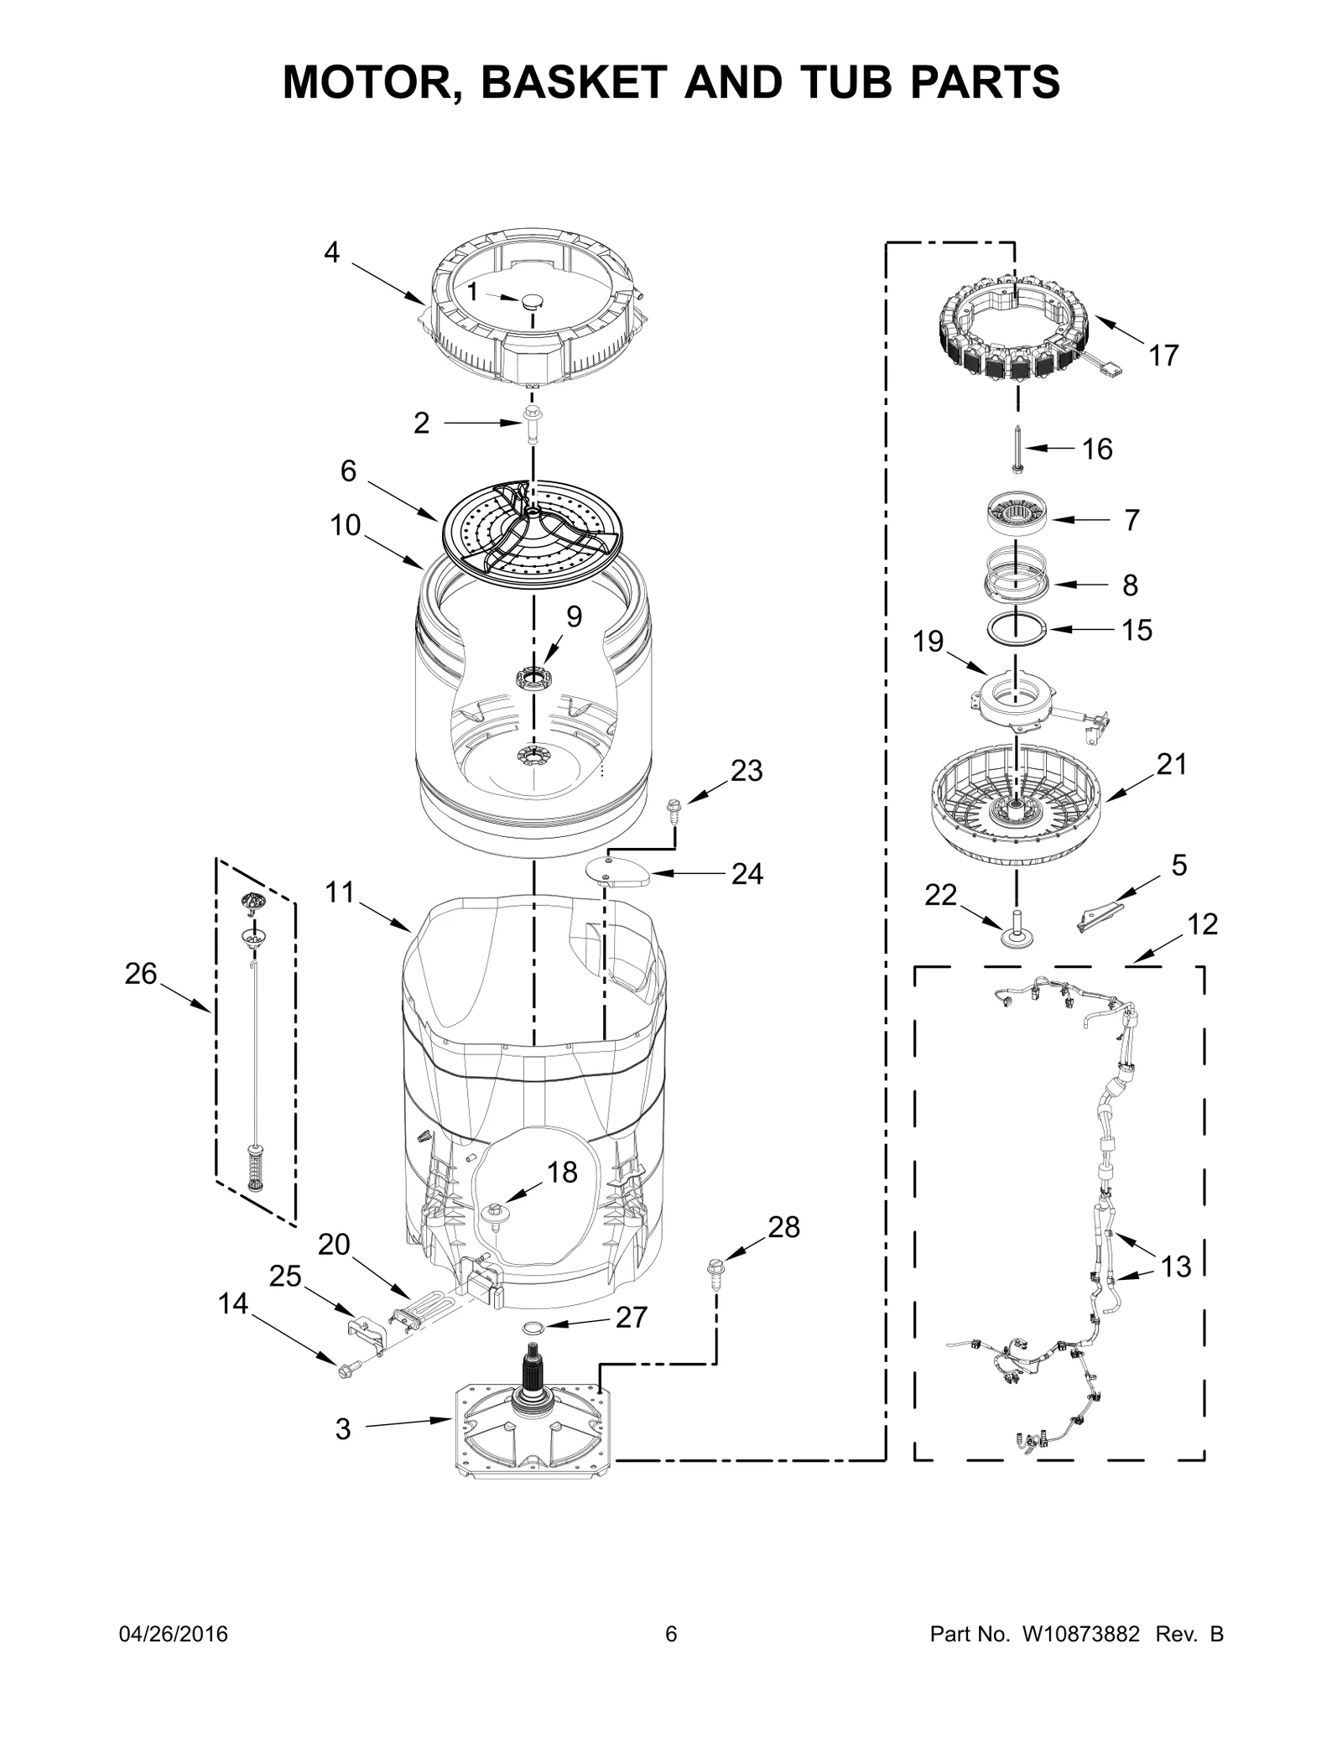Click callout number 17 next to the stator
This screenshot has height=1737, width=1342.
click(x=1163, y=356)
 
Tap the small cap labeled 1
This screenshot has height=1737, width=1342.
click(x=533, y=301)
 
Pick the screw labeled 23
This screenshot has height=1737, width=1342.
click(x=672, y=808)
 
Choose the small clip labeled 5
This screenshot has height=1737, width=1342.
click(x=1098, y=914)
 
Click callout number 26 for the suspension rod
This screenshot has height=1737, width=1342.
click(x=140, y=974)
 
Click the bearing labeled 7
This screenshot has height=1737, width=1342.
click(x=1016, y=512)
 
